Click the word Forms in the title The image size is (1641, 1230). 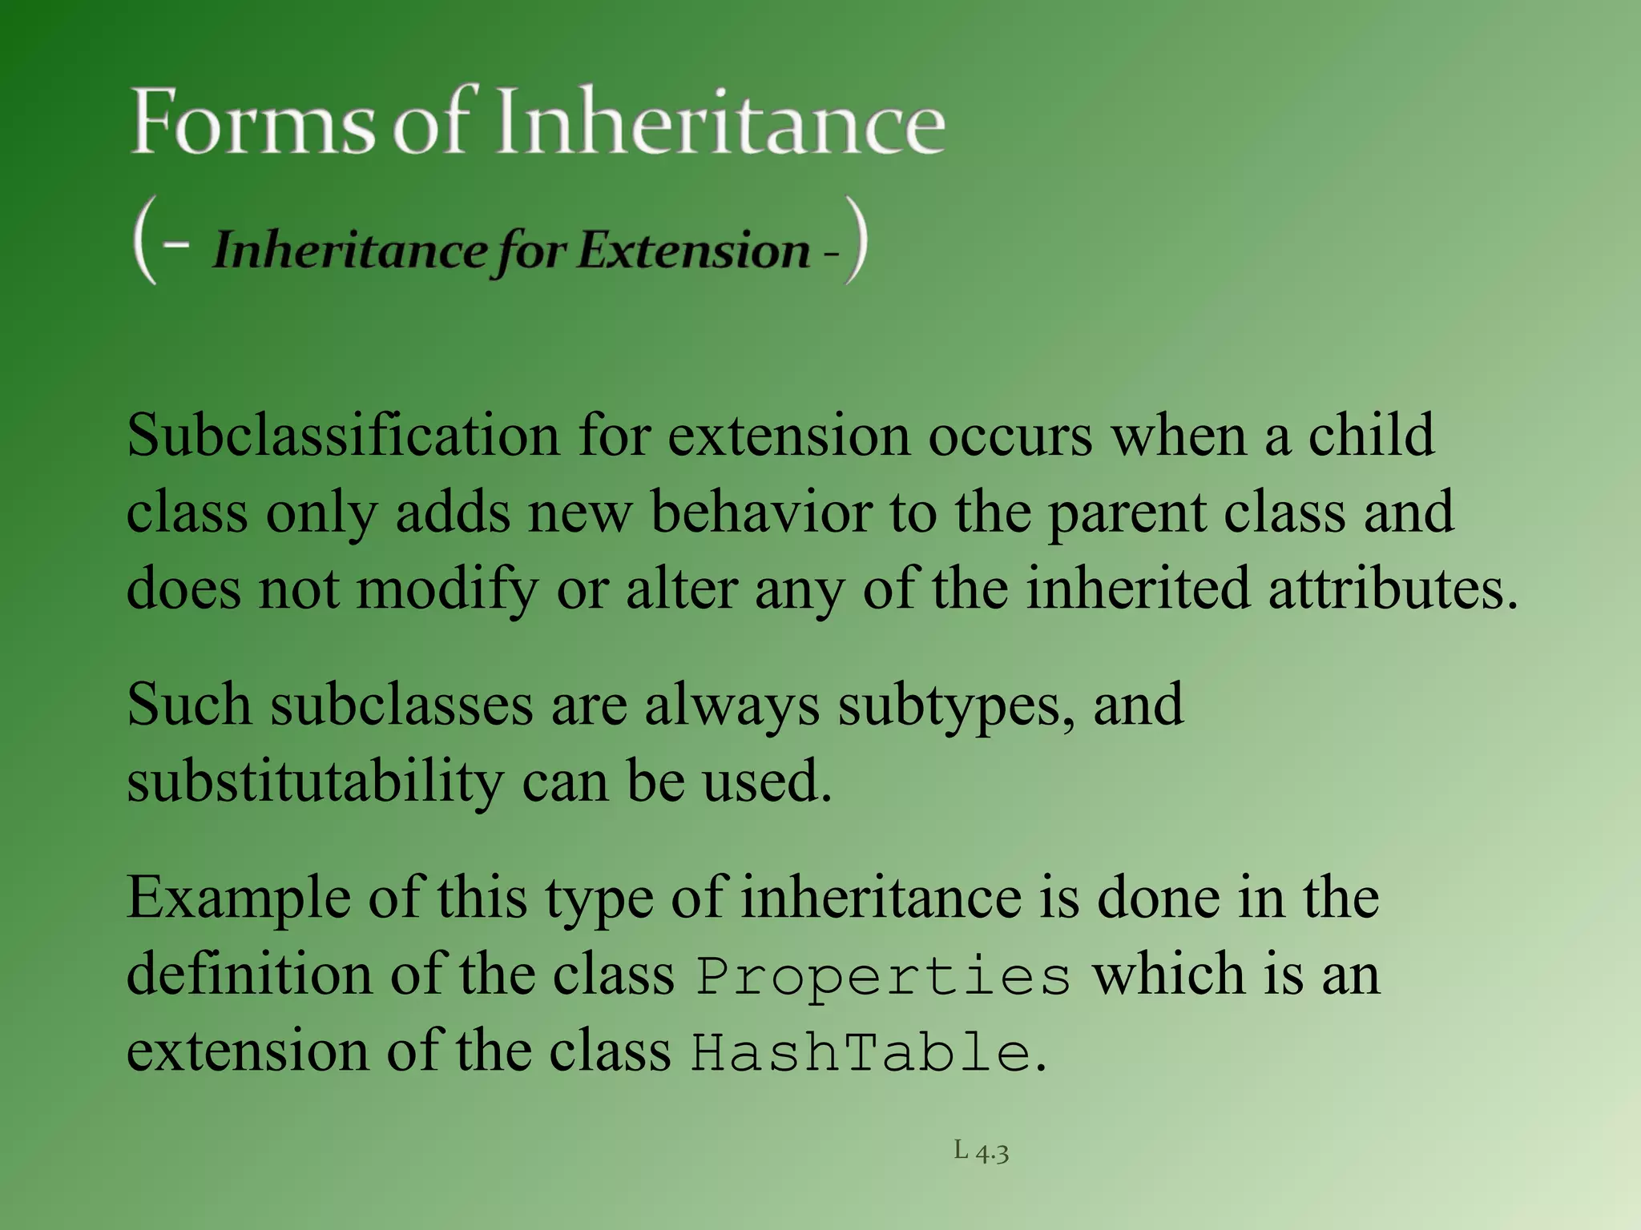coord(252,122)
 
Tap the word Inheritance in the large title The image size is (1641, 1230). coord(721,122)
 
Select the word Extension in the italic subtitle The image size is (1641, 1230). coord(694,250)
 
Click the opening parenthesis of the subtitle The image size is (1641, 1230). coord(144,242)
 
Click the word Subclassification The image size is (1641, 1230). coord(343,436)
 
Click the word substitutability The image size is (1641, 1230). coord(315,782)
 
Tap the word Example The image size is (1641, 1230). coord(239,899)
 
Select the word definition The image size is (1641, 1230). coord(249,975)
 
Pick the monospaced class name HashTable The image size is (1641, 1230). coord(861,1052)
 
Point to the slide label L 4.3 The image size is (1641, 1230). coord(981,1152)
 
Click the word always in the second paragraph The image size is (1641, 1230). coord(732,707)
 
